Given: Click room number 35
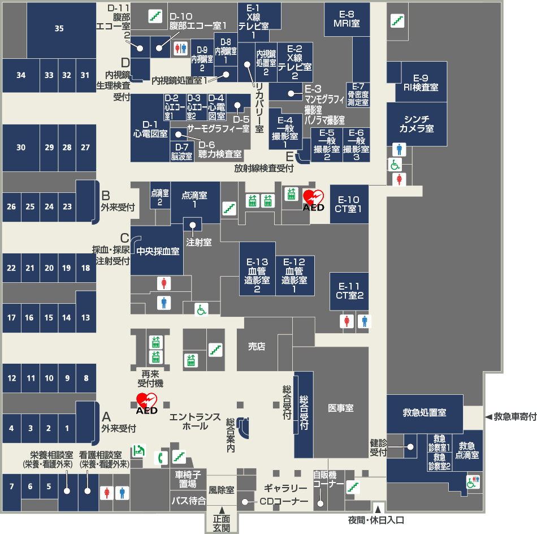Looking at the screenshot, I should (x=59, y=29).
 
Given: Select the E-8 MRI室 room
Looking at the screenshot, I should (x=347, y=19).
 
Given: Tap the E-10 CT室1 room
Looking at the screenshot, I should (x=349, y=204).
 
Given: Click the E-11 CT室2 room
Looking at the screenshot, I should (x=349, y=291).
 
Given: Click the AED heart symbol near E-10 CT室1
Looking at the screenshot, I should (x=313, y=198).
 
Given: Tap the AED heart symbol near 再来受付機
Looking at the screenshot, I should (x=146, y=402).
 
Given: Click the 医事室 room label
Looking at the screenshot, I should (x=340, y=408).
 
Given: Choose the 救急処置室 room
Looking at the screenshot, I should (x=425, y=413).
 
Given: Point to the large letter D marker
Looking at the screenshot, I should (x=125, y=62).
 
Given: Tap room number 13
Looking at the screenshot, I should (x=86, y=318).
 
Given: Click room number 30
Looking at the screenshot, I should (x=21, y=148).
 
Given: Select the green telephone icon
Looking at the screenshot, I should (x=161, y=456).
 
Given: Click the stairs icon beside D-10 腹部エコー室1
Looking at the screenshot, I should (x=155, y=16).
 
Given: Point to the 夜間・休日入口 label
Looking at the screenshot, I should (x=376, y=519).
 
